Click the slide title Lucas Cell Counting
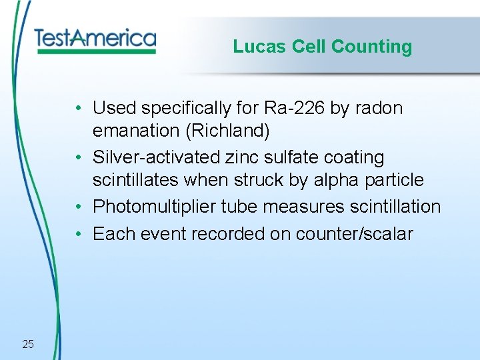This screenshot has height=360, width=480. click(323, 47)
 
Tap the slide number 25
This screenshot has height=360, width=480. click(28, 344)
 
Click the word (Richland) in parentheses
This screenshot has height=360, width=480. click(228, 131)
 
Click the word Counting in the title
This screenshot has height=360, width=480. click(371, 47)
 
